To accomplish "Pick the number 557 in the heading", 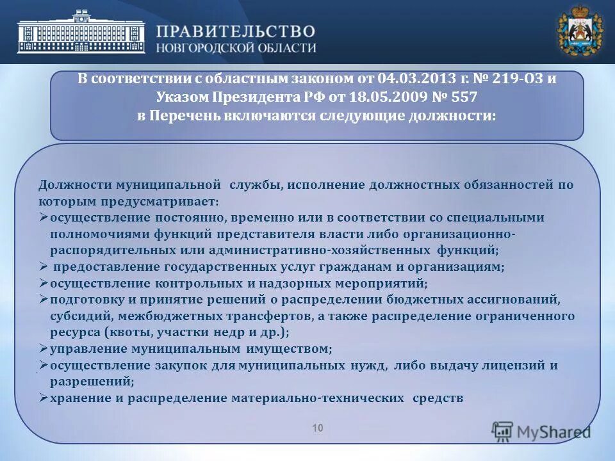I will tap(464, 97).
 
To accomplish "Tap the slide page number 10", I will tap(318, 428).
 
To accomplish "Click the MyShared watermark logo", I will tap(541, 432).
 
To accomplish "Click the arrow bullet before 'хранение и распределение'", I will tap(43, 398).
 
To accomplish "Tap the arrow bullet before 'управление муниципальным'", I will tap(43, 350).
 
